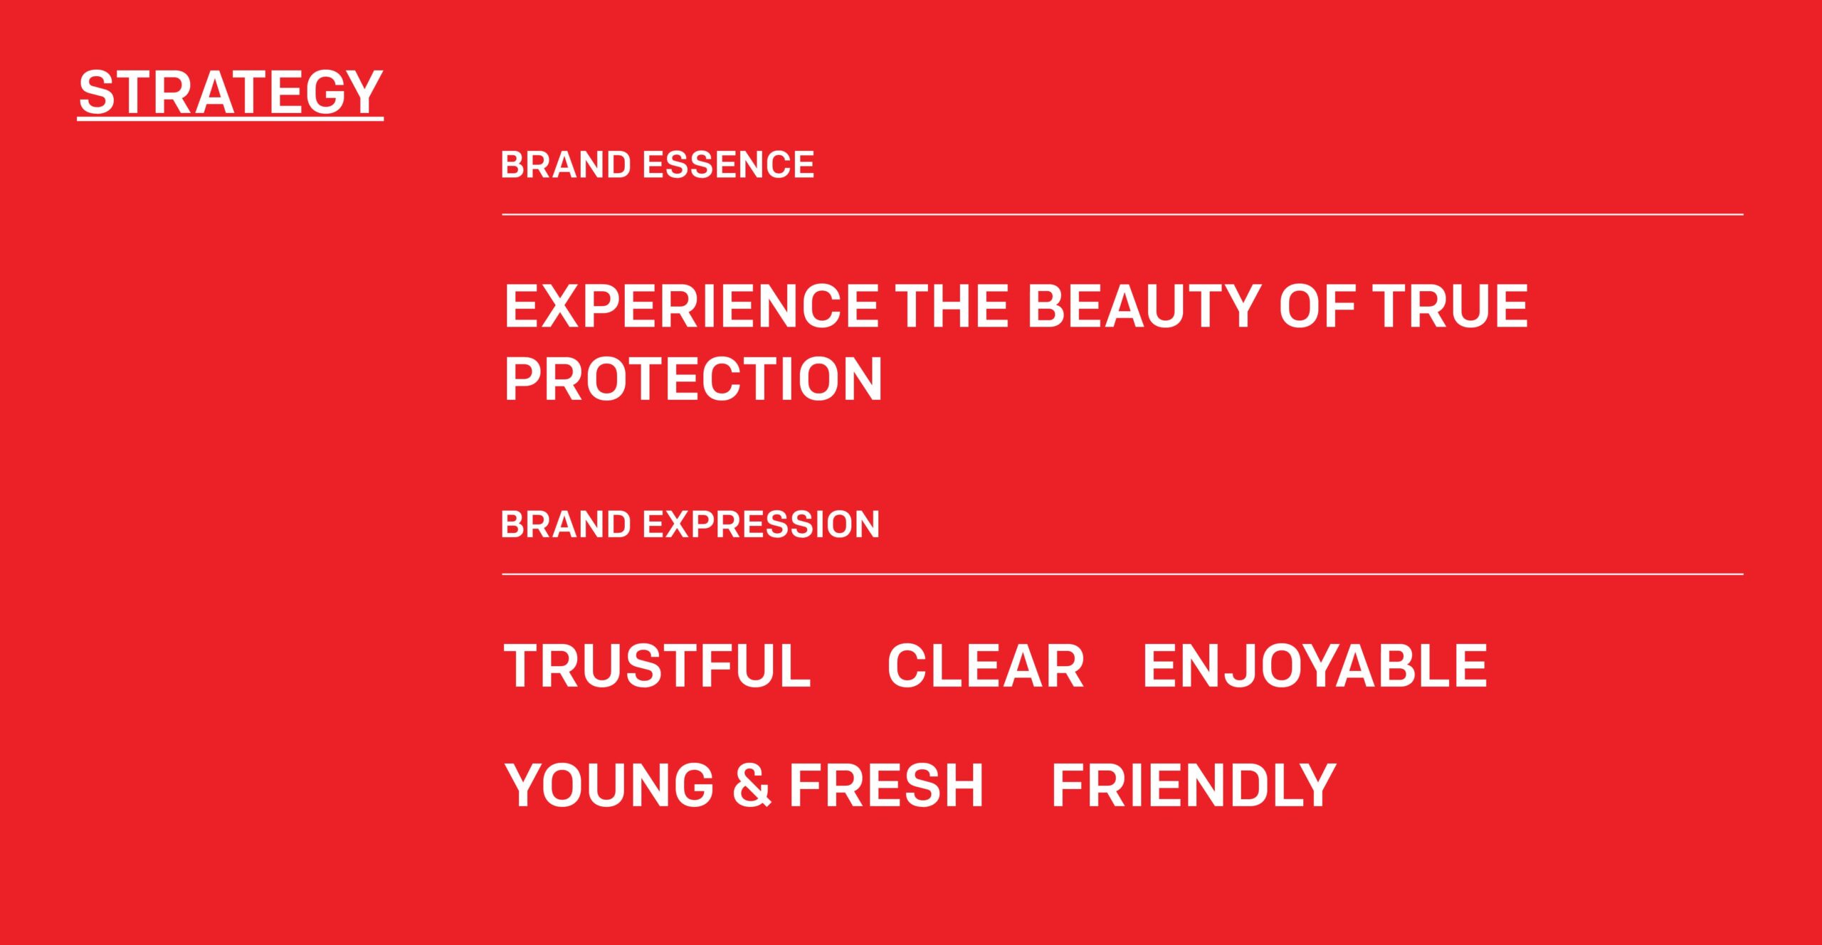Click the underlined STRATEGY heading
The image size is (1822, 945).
(x=231, y=93)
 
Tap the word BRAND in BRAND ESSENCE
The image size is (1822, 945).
(x=566, y=165)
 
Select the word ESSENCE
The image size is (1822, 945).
(x=728, y=165)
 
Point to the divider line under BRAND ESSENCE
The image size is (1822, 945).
(x=1122, y=214)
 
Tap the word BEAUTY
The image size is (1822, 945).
(x=1144, y=306)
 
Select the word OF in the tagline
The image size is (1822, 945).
(x=1317, y=306)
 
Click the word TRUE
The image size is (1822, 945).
(x=1450, y=306)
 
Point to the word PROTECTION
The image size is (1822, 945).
(x=693, y=379)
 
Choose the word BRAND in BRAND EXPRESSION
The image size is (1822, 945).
(x=566, y=524)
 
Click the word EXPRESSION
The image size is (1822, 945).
(x=761, y=524)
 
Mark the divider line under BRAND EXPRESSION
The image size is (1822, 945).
(x=1122, y=574)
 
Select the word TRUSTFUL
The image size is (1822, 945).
(x=657, y=666)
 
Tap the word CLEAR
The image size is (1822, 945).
(x=985, y=666)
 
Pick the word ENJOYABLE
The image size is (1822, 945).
(x=1315, y=666)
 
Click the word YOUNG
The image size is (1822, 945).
(x=609, y=785)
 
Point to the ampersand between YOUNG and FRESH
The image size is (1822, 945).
(x=752, y=785)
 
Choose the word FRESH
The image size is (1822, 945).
(x=886, y=785)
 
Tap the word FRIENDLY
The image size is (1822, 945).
(x=1194, y=785)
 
